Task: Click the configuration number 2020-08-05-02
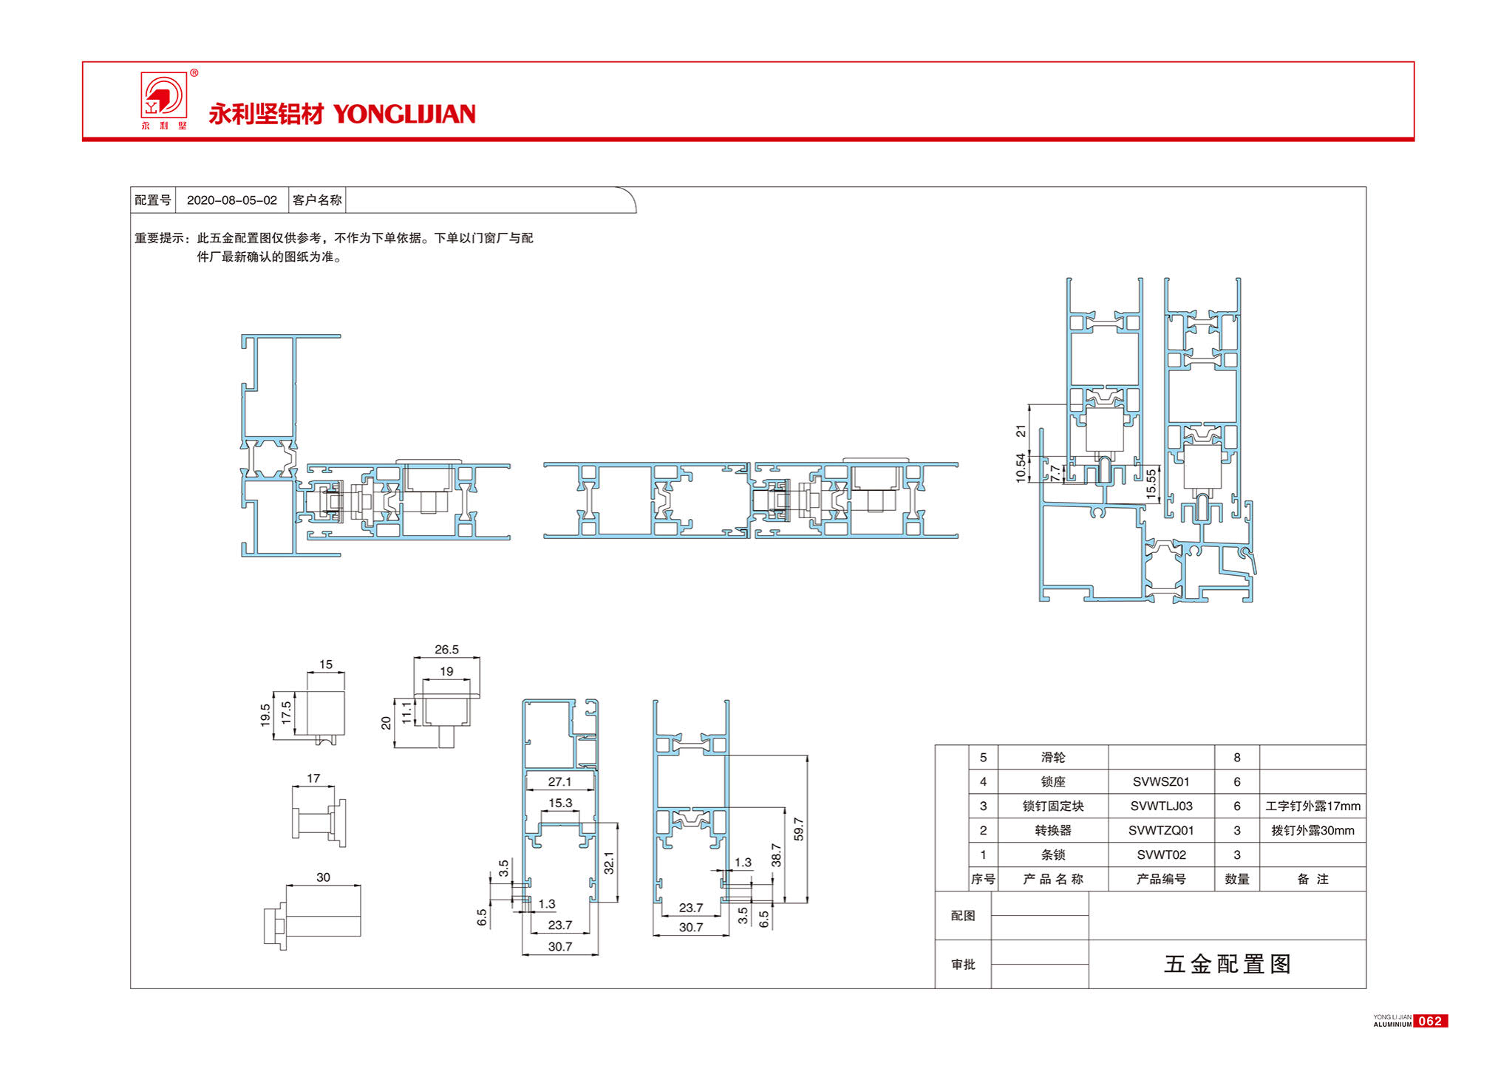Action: [x=232, y=200]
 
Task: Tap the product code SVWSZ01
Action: [x=1161, y=781]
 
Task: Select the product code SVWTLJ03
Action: [x=1161, y=806]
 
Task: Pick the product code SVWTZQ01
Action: [x=1161, y=830]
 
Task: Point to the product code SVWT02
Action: [x=1161, y=855]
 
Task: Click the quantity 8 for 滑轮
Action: [x=1237, y=757]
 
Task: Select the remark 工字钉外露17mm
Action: [x=1313, y=806]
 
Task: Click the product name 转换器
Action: [x=1053, y=830]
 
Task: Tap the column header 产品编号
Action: [x=1161, y=879]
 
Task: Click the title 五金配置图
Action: [x=1228, y=964]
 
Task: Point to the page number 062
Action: [x=1430, y=1021]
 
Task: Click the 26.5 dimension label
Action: [x=446, y=650]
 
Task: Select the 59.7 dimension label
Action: [x=798, y=829]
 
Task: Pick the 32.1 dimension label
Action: [x=609, y=863]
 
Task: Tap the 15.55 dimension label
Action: [x=1151, y=483]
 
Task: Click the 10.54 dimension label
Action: [x=1021, y=468]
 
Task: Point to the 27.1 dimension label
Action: [x=559, y=781]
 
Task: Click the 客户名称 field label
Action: [x=317, y=200]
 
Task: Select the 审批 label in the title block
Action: [x=963, y=964]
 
